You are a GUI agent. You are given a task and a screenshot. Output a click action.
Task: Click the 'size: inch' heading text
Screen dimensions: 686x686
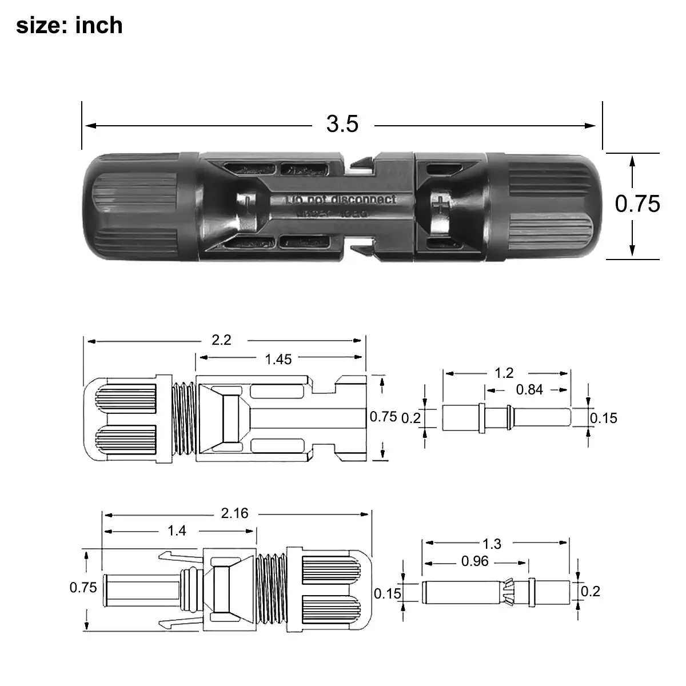pyautogui.click(x=69, y=26)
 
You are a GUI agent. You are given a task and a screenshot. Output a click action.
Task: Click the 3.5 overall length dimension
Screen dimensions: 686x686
pyautogui.click(x=342, y=123)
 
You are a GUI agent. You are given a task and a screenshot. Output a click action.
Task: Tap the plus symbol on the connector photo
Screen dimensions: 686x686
pyautogui.click(x=440, y=205)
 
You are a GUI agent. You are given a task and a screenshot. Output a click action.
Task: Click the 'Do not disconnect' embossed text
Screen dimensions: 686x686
pyautogui.click(x=341, y=200)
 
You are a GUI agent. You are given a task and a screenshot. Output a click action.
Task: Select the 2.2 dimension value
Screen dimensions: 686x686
pyautogui.click(x=221, y=340)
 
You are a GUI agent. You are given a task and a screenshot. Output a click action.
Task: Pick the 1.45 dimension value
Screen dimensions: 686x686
pyautogui.click(x=278, y=359)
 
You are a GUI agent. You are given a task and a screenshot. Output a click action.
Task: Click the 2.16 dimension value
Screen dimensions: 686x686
pyautogui.click(x=234, y=513)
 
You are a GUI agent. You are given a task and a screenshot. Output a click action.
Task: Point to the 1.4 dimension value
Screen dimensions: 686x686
pyautogui.click(x=177, y=531)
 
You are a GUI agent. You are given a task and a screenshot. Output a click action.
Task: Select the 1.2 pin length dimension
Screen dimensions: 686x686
pyautogui.click(x=504, y=373)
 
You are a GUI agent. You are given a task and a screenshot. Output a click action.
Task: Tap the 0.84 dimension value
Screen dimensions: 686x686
pyautogui.click(x=529, y=389)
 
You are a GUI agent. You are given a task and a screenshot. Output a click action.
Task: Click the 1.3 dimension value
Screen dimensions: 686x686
pyautogui.click(x=492, y=543)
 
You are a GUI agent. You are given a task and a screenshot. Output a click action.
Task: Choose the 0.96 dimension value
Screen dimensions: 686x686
pyautogui.click(x=474, y=561)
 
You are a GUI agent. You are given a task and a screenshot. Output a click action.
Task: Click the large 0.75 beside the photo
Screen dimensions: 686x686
pyautogui.click(x=637, y=204)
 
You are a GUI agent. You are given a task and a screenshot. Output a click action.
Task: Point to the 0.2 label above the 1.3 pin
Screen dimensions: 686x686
pyautogui.click(x=590, y=591)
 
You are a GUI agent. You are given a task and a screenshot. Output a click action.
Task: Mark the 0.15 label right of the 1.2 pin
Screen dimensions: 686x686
pyautogui.click(x=604, y=418)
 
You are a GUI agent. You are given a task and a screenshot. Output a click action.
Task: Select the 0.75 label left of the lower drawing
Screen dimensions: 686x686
pyautogui.click(x=83, y=587)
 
